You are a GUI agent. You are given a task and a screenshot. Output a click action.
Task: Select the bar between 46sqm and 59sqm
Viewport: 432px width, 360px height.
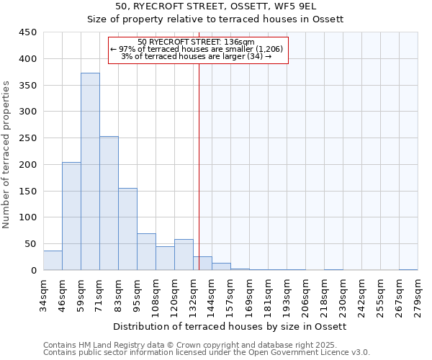pyautogui.click(x=71, y=216)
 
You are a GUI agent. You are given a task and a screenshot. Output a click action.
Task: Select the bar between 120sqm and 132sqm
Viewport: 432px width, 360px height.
pyautogui.click(x=184, y=255)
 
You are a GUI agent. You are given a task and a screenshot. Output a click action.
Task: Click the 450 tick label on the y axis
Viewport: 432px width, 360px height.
pyautogui.click(x=27, y=32)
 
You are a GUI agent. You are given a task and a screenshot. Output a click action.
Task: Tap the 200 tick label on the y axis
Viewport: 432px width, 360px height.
pyautogui.click(x=27, y=165)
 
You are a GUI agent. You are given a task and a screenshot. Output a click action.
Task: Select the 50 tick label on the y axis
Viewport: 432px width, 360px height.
pyautogui.click(x=30, y=244)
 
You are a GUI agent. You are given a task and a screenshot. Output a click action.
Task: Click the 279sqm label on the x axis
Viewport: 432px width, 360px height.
pyautogui.click(x=418, y=294)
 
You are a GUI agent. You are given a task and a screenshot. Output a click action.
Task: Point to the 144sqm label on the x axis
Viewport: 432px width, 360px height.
pyautogui.click(x=212, y=294)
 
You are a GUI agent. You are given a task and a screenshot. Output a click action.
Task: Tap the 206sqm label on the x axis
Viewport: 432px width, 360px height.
pyautogui.click(x=305, y=294)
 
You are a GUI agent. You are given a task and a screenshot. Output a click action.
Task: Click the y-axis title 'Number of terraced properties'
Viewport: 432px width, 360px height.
pyautogui.click(x=6, y=155)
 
